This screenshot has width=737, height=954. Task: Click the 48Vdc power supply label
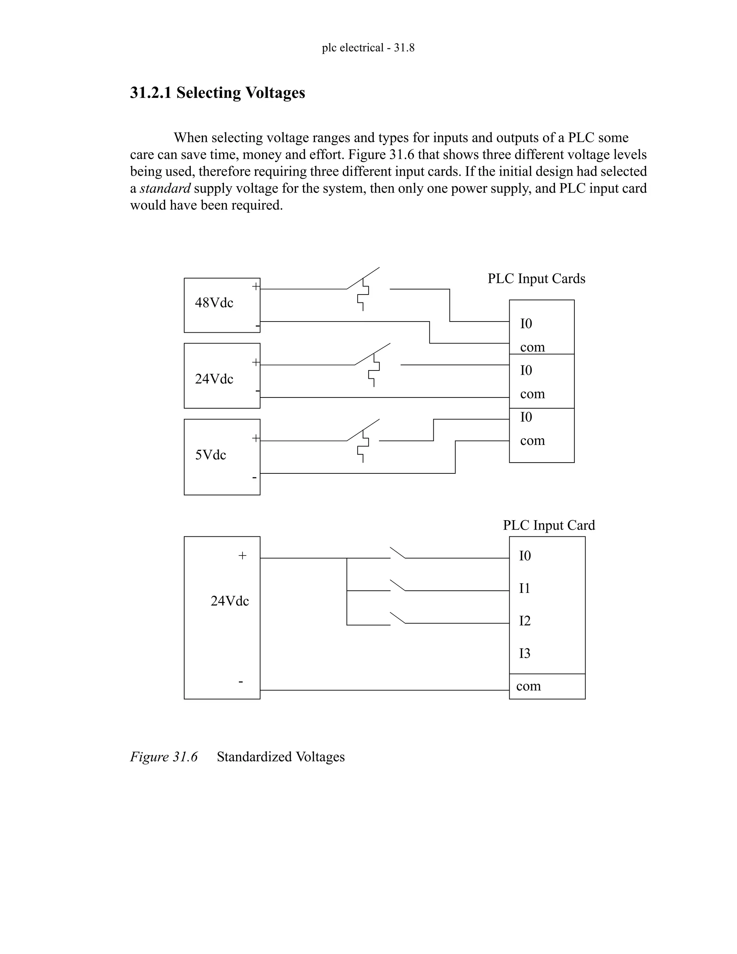[214, 303]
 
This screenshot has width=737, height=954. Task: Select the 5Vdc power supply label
[211, 455]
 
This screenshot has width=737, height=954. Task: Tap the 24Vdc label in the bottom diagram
[230, 601]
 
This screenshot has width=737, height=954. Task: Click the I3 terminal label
[524, 653]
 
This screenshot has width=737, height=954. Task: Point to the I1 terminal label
[524, 588]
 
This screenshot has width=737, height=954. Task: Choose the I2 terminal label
[524, 621]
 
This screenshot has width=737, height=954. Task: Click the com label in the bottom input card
[528, 686]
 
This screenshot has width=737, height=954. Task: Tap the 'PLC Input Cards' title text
[536, 279]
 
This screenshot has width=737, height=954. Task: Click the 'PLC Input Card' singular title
[548, 525]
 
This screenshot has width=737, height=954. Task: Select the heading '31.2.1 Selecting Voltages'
[217, 93]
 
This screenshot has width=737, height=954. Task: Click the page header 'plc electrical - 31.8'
[368, 48]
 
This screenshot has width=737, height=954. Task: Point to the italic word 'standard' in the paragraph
[165, 188]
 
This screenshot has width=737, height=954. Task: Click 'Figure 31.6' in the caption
[164, 757]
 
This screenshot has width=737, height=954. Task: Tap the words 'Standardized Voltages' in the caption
[281, 757]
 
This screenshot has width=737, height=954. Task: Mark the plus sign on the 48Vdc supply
[256, 287]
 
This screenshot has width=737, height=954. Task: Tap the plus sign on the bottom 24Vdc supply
[242, 555]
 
